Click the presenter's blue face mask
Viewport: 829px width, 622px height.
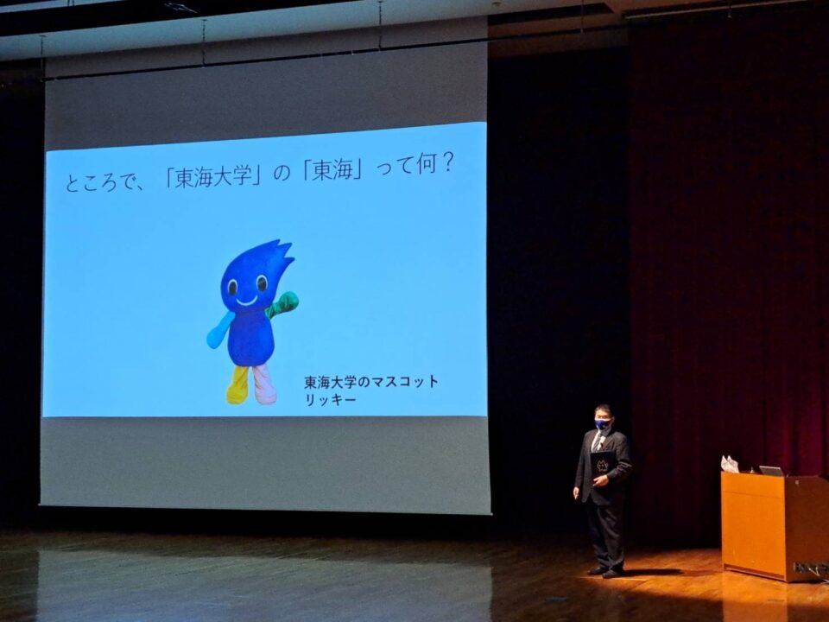coord(602,423)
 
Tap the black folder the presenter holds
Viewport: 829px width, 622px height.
coord(602,466)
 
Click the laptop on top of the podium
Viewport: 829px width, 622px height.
coord(771,471)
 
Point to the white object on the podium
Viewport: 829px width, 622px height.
coord(730,464)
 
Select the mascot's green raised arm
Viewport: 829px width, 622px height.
coord(283,305)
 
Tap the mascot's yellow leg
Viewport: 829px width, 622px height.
coord(238,385)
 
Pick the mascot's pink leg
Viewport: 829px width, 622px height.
coord(264,384)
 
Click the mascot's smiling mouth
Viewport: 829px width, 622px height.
coord(246,302)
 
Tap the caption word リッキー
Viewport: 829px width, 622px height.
coord(331,399)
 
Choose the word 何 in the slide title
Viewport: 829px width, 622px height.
coord(426,165)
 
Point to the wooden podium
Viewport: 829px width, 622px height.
coord(775,526)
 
